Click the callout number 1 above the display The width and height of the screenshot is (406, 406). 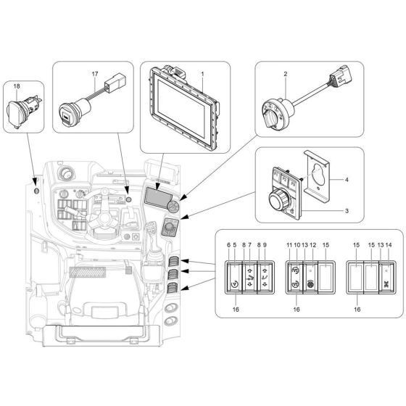202,73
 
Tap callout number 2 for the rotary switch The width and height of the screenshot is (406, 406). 286,74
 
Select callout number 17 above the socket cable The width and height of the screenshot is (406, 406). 94,74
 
